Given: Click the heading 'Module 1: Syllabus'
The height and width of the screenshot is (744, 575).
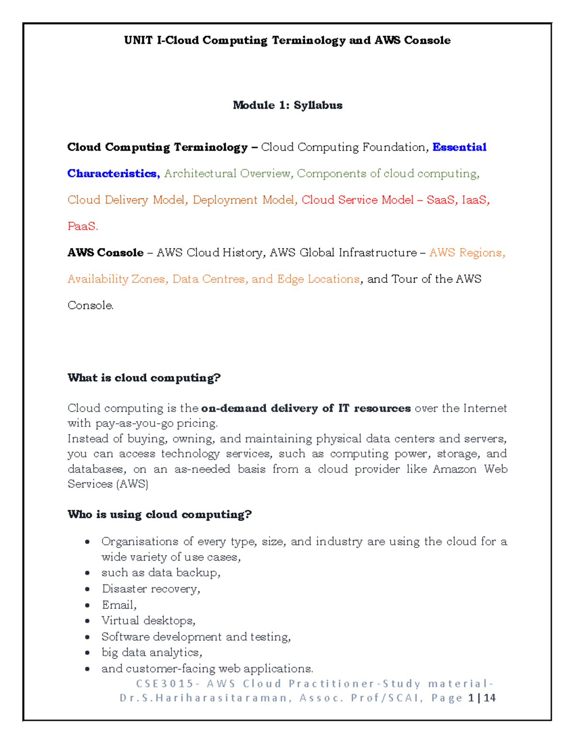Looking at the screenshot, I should tap(287, 105).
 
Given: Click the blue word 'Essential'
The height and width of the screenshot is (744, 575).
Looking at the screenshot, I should tap(459, 147).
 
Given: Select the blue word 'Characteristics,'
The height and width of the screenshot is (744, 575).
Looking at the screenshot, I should tap(114, 173).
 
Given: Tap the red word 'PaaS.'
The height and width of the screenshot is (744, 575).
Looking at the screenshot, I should tap(83, 226).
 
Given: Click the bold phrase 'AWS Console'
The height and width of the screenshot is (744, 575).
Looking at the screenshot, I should tap(105, 252).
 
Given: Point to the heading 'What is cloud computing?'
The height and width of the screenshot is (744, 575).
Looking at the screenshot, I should tap(144, 378).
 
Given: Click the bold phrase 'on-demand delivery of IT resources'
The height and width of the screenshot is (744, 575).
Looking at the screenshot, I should tap(306, 408).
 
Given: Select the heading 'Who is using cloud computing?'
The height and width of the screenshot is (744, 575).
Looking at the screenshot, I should tap(160, 515).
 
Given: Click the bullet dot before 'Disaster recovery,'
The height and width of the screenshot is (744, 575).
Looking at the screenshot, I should tap(87, 589).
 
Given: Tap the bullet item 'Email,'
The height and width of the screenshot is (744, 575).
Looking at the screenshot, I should tap(119, 605).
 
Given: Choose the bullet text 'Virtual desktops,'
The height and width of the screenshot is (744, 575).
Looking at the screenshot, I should tap(148, 621).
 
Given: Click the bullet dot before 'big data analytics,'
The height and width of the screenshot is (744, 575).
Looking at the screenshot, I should tap(87, 653).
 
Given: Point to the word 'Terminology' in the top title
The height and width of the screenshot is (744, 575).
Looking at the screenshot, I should tap(309, 40).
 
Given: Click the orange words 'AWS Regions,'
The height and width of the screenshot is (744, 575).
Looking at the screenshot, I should tap(467, 252).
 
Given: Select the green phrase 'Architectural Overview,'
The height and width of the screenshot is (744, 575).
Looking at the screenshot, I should tap(228, 173).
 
